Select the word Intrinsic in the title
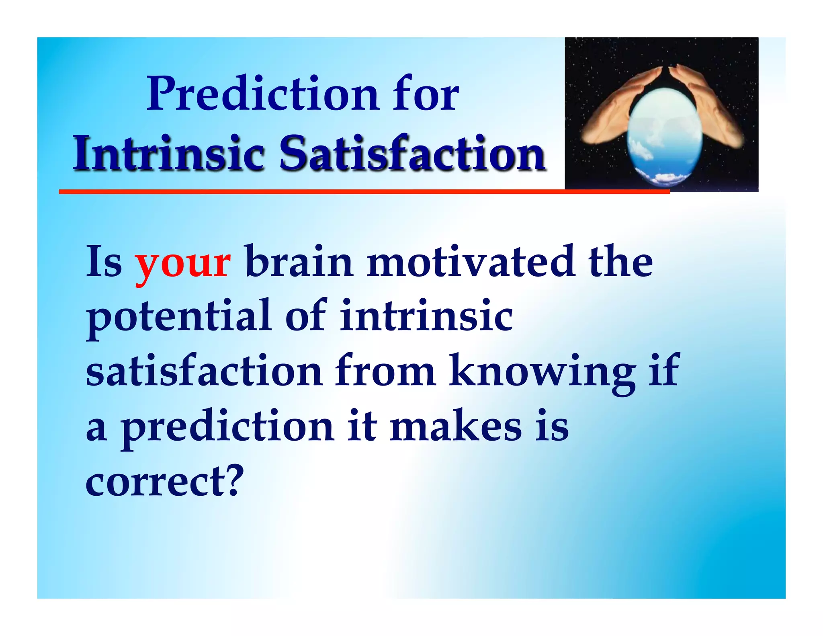[x=168, y=154]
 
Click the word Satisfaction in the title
[x=412, y=154]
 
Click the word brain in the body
[x=299, y=262]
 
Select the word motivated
[x=471, y=262]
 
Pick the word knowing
[x=542, y=372]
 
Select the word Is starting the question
[x=104, y=262]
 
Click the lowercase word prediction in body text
[x=227, y=427]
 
